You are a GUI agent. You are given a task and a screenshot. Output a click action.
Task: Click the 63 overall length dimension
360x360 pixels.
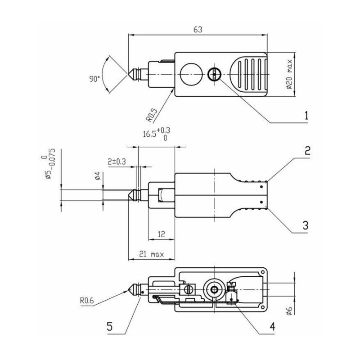click(197, 30)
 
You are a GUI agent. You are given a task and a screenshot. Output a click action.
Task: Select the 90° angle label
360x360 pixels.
click(94, 79)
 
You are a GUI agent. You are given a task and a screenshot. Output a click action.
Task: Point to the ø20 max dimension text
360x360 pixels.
click(291, 75)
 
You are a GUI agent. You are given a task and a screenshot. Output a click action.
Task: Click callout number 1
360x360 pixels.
click(306, 115)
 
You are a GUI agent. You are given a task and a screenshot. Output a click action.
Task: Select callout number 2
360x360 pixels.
click(306, 151)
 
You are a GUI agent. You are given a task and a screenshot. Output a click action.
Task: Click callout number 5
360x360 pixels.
click(110, 325)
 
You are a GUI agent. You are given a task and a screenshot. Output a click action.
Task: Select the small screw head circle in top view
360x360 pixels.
click(214, 74)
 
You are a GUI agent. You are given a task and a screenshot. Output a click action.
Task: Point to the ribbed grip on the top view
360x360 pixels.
click(249, 74)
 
